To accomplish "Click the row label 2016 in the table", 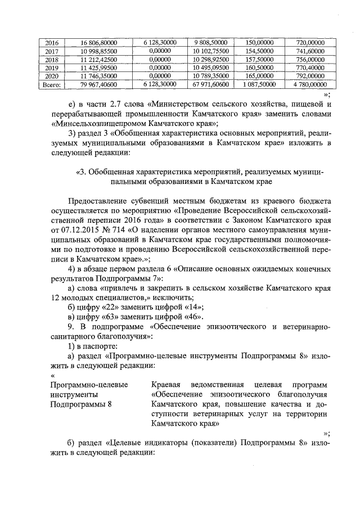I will [51, 42].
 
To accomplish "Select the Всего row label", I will [51, 84].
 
